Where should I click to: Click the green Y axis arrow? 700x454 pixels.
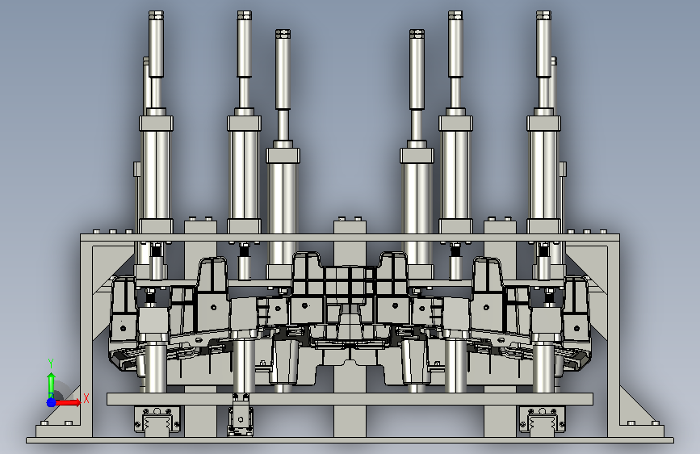pyautogui.click(x=51, y=385)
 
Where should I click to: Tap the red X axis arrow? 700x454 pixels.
pyautogui.click(x=68, y=402)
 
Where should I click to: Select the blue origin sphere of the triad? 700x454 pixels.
pyautogui.click(x=52, y=402)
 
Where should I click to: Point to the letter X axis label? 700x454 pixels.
pyautogui.click(x=86, y=398)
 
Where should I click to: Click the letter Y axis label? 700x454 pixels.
pyautogui.click(x=51, y=364)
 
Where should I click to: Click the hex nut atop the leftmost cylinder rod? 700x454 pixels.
pyautogui.click(x=156, y=15)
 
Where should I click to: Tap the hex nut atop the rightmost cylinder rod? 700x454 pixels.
pyautogui.click(x=543, y=15)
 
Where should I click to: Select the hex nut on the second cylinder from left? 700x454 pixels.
pyautogui.click(x=244, y=15)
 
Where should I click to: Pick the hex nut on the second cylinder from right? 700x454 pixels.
pyautogui.click(x=455, y=15)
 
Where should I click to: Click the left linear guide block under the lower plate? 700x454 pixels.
pyautogui.click(x=157, y=419)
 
